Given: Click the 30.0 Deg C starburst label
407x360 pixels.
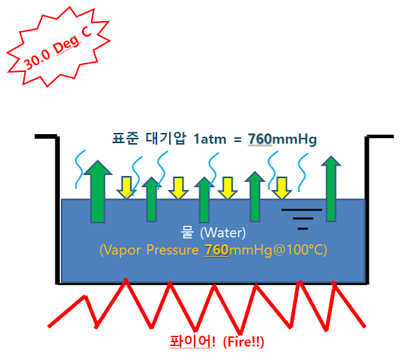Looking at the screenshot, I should [54, 51].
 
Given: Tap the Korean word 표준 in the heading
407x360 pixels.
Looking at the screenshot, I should [125, 139].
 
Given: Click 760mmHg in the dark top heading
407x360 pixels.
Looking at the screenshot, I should [280, 139].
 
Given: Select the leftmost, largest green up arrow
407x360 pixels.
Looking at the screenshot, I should [98, 191].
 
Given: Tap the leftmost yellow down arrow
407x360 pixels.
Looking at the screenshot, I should [126, 186].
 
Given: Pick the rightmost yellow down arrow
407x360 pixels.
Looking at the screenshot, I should [280, 186].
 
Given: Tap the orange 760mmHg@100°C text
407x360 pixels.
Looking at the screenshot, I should [266, 250].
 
